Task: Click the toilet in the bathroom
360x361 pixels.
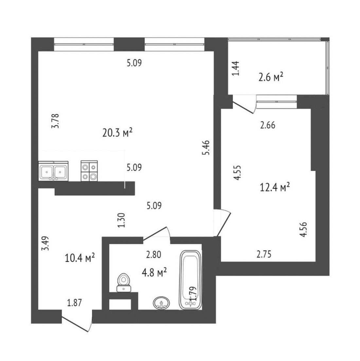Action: (x=124, y=282)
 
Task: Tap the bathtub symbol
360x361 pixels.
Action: (x=190, y=280)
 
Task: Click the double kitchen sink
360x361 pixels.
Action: (x=53, y=171)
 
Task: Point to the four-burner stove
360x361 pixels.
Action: (x=89, y=171)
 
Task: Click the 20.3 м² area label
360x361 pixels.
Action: (x=117, y=133)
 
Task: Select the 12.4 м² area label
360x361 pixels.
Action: (x=275, y=187)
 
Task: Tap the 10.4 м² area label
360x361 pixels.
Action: (x=80, y=258)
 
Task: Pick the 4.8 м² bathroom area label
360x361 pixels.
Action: (x=154, y=273)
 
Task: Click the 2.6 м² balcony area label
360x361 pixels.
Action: (x=271, y=77)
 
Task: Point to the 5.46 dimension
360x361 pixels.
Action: (x=206, y=147)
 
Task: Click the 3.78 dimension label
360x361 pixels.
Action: (x=55, y=121)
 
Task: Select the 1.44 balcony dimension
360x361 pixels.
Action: (x=236, y=68)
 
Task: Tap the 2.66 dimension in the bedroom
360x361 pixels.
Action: (x=268, y=125)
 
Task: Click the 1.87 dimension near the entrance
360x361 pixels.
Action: (x=74, y=302)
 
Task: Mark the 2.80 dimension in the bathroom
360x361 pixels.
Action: (x=153, y=255)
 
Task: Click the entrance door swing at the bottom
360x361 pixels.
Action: (x=77, y=321)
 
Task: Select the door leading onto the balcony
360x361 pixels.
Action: (x=244, y=104)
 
